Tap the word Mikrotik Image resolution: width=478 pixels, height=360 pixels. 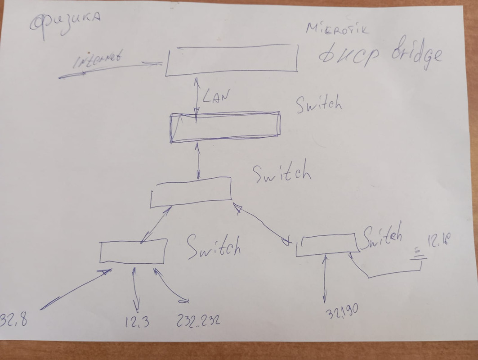[337, 29]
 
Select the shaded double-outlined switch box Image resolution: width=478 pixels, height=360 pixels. [225, 127]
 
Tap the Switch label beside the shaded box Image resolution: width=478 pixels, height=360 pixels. [319, 104]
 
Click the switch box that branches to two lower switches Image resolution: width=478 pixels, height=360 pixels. [191, 192]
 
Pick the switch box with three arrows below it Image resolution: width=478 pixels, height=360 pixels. [133, 251]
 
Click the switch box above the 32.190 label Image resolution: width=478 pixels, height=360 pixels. [327, 246]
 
